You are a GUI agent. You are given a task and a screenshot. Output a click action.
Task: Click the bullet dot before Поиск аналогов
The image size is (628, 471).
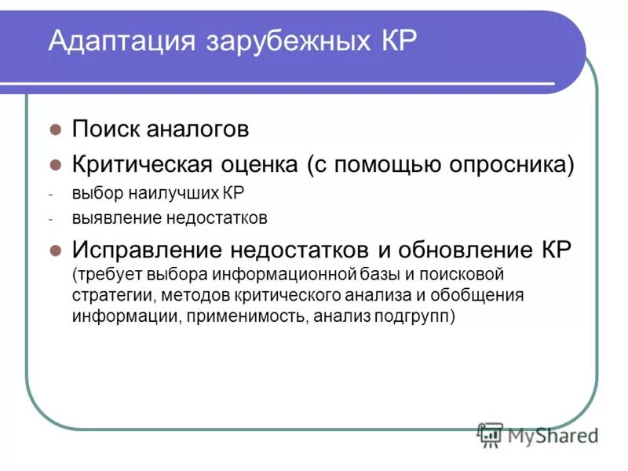click(55, 128)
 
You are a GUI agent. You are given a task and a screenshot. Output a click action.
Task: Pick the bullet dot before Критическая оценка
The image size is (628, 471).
click(55, 165)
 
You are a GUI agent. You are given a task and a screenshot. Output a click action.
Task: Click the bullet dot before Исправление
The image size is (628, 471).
click(55, 250)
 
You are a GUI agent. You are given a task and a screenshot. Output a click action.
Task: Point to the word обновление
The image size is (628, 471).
click(451, 250)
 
